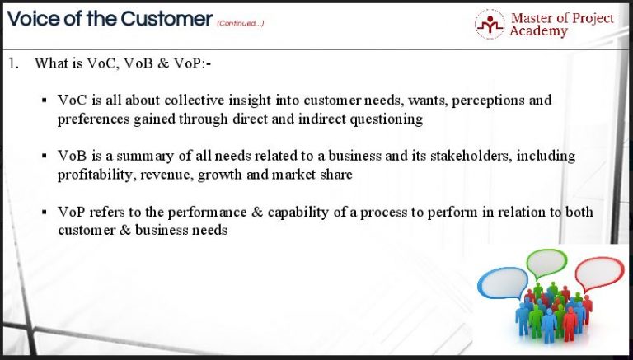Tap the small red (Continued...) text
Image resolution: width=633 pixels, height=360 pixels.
tap(241, 23)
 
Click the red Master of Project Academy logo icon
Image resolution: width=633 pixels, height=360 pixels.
tap(490, 24)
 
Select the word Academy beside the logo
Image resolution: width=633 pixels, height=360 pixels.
tap(538, 31)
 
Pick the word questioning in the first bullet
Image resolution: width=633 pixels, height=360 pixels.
tap(384, 119)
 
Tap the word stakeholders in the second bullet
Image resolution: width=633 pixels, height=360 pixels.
tap(490, 156)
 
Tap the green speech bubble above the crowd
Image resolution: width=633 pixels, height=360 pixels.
tap(546, 262)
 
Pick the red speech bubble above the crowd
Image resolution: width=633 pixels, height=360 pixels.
tap(599, 274)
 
